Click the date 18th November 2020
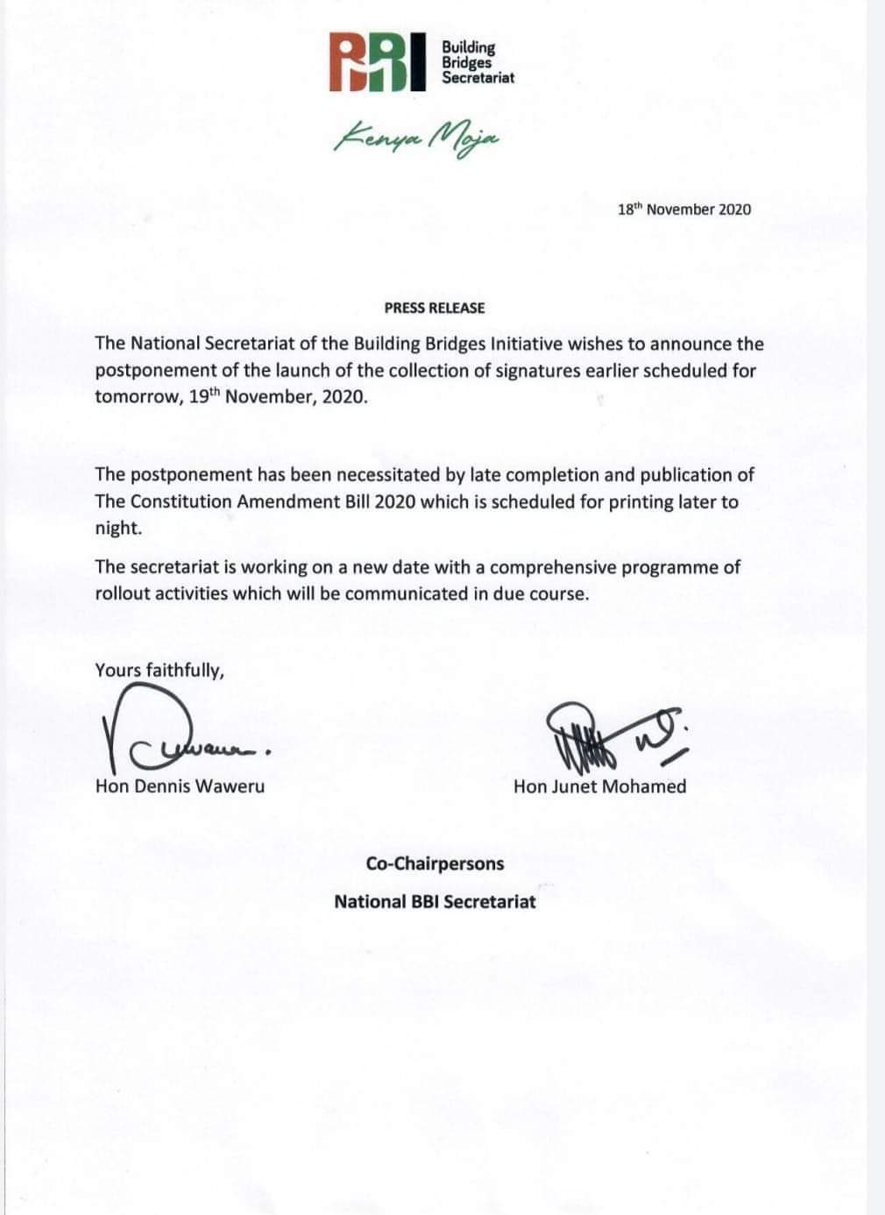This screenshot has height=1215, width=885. [x=683, y=210]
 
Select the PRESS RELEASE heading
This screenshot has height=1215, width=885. [x=434, y=308]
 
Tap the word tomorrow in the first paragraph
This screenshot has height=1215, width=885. [x=138, y=396]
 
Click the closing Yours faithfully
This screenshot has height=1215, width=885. [x=159, y=671]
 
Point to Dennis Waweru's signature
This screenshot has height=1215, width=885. [x=180, y=735]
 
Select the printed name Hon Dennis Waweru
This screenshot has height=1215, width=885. [x=180, y=786]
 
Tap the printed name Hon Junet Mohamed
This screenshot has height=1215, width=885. [x=599, y=786]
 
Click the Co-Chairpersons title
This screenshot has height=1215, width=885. [x=435, y=863]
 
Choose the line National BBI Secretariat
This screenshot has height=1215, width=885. [x=435, y=901]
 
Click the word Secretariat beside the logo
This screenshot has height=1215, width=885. [x=478, y=78]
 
